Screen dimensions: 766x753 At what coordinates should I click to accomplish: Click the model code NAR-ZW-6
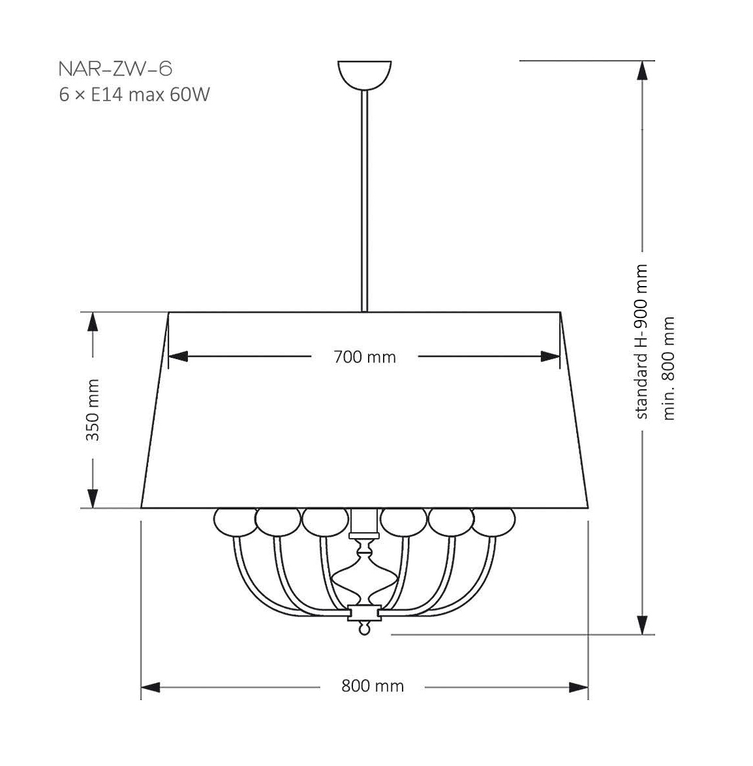(x=115, y=69)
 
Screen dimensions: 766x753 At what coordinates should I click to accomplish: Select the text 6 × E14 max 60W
(x=134, y=95)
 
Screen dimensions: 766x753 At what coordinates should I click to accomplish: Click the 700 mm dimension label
(x=364, y=357)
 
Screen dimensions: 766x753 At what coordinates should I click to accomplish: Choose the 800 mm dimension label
(x=373, y=686)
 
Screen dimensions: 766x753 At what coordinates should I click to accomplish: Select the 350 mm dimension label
(x=93, y=409)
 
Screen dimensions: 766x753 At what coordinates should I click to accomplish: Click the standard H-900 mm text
(x=641, y=342)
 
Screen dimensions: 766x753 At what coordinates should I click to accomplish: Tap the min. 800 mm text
(x=668, y=369)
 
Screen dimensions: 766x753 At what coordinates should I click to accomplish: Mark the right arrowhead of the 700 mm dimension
(x=551, y=357)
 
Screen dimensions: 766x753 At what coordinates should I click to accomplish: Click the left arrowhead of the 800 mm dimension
(x=151, y=687)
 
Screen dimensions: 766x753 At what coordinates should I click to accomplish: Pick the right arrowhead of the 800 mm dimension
(x=579, y=687)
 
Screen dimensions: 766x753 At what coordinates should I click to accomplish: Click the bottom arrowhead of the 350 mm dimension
(x=93, y=498)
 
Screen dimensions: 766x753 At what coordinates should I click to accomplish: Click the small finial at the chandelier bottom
(x=365, y=629)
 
